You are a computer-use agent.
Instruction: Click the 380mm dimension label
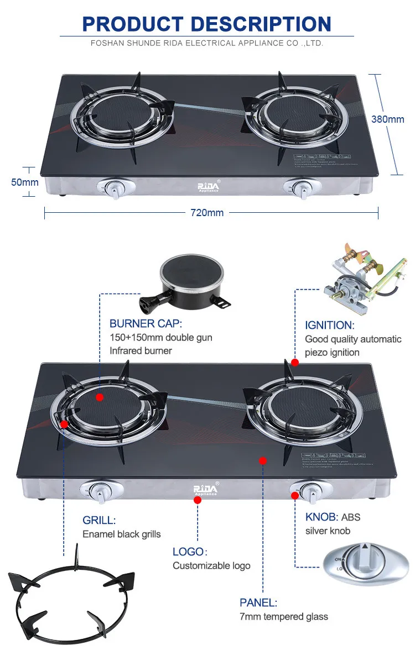click(387, 119)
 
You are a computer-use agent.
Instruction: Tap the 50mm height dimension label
click(25, 182)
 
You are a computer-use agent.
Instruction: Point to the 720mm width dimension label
click(207, 213)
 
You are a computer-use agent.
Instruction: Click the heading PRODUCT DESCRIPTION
click(207, 24)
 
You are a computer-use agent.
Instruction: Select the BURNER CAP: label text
click(146, 324)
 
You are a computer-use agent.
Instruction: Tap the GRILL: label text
click(99, 520)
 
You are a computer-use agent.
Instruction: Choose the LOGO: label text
click(189, 552)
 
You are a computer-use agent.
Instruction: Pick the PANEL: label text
click(258, 602)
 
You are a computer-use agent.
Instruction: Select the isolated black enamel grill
click(71, 591)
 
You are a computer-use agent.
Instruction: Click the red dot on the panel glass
click(263, 460)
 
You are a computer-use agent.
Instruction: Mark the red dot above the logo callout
click(197, 500)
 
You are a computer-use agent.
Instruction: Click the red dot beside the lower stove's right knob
click(294, 495)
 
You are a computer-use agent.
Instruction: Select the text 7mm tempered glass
click(283, 616)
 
